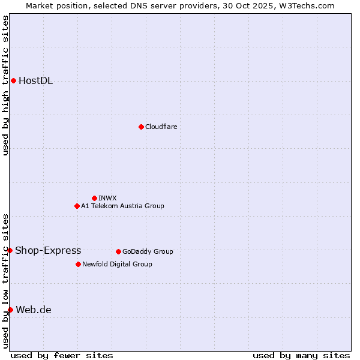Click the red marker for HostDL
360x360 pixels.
click(x=13, y=80)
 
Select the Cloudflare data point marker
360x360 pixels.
click(x=141, y=127)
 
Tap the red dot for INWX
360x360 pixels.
click(x=94, y=198)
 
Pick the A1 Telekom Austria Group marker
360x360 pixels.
click(x=77, y=206)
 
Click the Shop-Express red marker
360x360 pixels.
click(x=10, y=250)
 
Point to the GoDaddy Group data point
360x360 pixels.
click(x=118, y=251)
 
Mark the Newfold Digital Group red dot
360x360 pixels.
click(x=78, y=264)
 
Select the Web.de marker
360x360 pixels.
click(x=10, y=310)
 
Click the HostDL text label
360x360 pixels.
click(x=35, y=81)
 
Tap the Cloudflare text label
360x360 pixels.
click(x=161, y=127)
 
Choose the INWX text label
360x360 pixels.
click(x=107, y=198)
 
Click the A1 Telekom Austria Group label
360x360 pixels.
click(x=122, y=206)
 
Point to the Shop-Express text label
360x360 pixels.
click(x=48, y=251)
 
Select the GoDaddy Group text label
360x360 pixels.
click(x=148, y=251)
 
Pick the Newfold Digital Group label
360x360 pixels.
click(x=117, y=264)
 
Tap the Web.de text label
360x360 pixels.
click(x=34, y=310)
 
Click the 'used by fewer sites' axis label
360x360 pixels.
click(x=62, y=355)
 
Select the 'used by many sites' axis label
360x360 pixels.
click(x=301, y=355)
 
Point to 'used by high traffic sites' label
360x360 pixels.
click(x=5, y=85)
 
